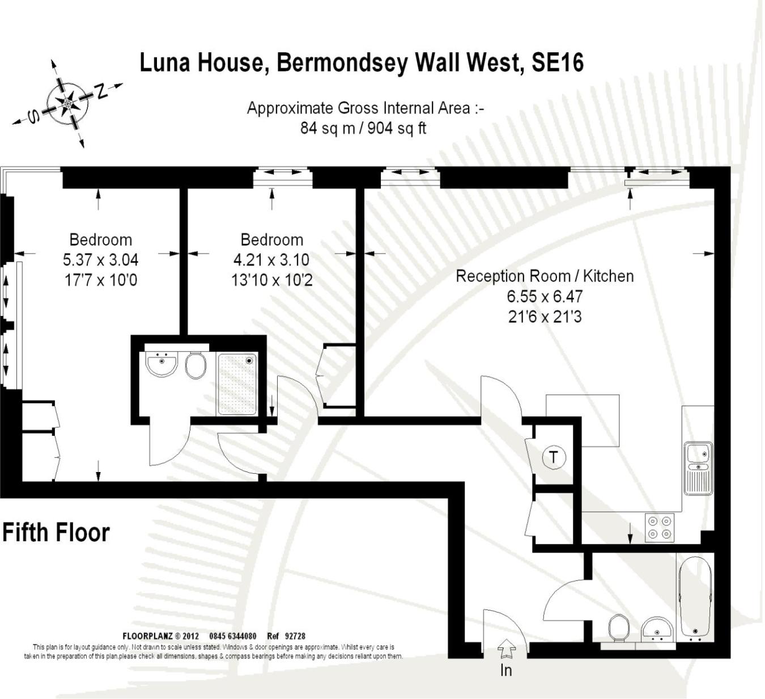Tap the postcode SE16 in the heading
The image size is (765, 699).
tap(557, 62)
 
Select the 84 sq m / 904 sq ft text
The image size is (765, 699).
tap(363, 128)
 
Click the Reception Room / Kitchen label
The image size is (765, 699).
tap(545, 276)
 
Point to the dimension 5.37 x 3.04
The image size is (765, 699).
tap(100, 260)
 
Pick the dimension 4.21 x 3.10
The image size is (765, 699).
tap(271, 260)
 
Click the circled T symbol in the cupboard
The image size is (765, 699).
tap(554, 457)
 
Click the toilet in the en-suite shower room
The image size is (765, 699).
tap(195, 365)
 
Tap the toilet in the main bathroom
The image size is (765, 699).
tap(618, 629)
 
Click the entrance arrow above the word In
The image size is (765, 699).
tap(506, 647)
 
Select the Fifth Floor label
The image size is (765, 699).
tap(56, 533)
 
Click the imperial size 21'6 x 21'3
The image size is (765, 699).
tap(545, 317)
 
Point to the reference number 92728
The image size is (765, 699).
tap(295, 636)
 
